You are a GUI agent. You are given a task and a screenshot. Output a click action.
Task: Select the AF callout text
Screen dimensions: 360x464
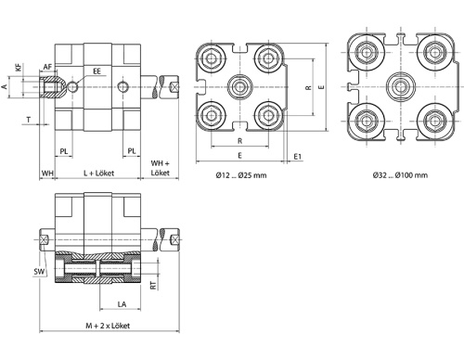click(x=47, y=67)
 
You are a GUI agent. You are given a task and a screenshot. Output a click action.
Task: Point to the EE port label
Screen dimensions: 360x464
click(x=97, y=71)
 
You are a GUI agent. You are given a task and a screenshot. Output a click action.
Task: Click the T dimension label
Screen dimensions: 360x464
click(x=30, y=120)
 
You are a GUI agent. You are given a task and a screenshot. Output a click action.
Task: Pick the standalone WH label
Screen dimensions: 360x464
click(x=46, y=174)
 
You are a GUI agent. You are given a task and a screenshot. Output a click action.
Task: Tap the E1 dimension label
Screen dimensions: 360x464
click(x=297, y=157)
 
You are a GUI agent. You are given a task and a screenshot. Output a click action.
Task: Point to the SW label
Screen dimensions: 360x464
click(x=39, y=272)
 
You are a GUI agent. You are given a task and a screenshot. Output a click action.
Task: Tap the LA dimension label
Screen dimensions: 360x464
click(x=121, y=304)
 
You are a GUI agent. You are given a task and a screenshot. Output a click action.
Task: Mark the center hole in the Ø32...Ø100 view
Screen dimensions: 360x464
click(x=401, y=85)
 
